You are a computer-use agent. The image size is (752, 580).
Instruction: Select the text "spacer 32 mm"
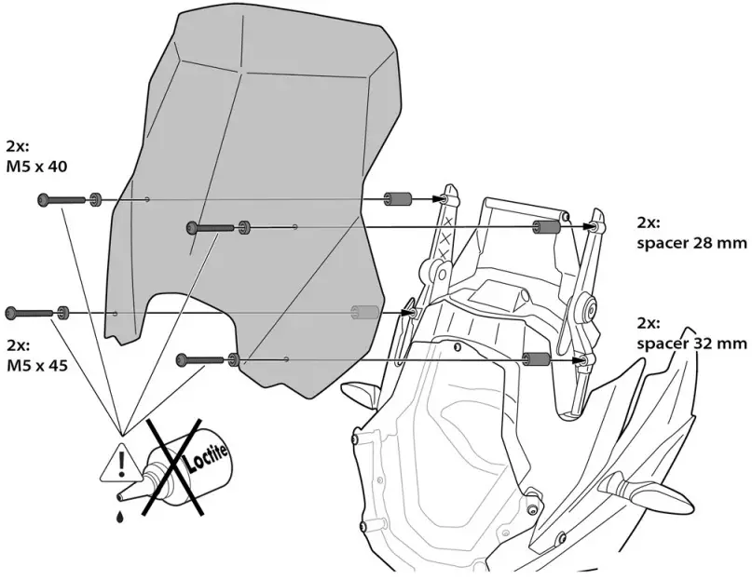pos(691,344)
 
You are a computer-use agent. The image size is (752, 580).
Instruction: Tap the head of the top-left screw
pos(43,198)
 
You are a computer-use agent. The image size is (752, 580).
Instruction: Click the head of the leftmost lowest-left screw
pos(11,311)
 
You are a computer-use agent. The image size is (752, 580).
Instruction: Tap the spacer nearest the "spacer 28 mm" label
pos(546,226)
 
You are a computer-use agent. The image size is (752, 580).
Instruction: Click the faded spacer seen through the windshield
pos(362,312)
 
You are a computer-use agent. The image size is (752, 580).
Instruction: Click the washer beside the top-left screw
pos(95,199)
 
